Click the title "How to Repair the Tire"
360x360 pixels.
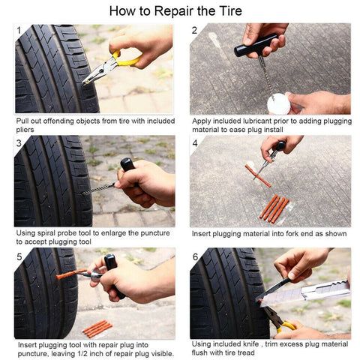180,10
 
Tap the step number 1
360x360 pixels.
19,31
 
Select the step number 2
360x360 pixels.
194,31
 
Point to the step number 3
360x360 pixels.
19,143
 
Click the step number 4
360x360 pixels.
194,143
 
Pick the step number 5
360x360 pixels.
19,256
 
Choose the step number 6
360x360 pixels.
194,256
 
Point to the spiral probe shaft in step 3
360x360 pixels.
98,187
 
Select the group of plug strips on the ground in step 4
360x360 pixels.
273,208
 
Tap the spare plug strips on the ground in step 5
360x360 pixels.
97,328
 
